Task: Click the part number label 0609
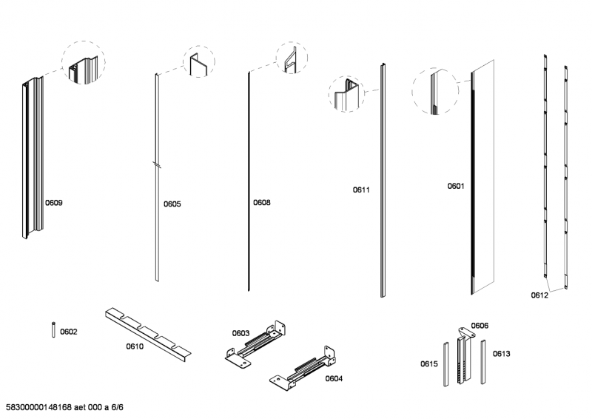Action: coord(54,202)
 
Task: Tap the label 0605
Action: coord(172,204)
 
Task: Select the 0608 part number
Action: coord(261,202)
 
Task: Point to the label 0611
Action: coord(360,190)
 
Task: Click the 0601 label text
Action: coord(455,187)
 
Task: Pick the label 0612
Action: coord(539,295)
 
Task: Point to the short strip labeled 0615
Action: coord(445,363)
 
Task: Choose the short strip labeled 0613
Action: coord(483,361)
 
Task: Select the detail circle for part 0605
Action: coord(198,64)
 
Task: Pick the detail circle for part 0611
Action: coord(348,95)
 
